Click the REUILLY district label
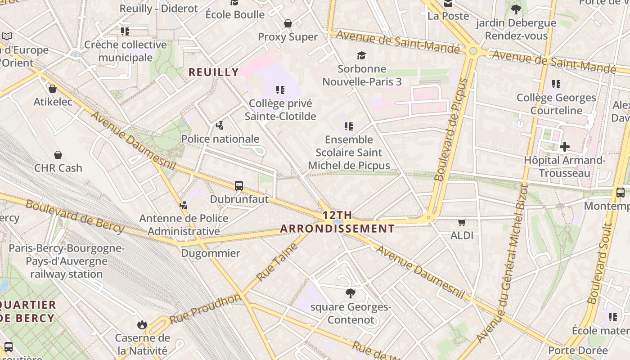click(x=213, y=72)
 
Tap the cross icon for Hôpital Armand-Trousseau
click(x=564, y=147)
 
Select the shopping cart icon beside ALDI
click(x=462, y=222)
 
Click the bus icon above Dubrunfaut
click(x=239, y=185)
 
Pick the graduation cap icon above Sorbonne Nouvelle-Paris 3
click(x=361, y=56)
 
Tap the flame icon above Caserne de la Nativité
click(x=142, y=324)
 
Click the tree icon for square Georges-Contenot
click(x=350, y=294)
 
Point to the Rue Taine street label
click(x=277, y=261)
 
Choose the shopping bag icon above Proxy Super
click(x=288, y=23)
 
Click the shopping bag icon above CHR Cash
click(x=58, y=155)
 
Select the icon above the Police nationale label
click(x=220, y=126)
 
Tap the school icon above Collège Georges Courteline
click(x=556, y=84)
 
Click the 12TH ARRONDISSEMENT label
click(x=337, y=222)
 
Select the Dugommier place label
click(x=211, y=253)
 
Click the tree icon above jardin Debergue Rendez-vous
click(x=516, y=9)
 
